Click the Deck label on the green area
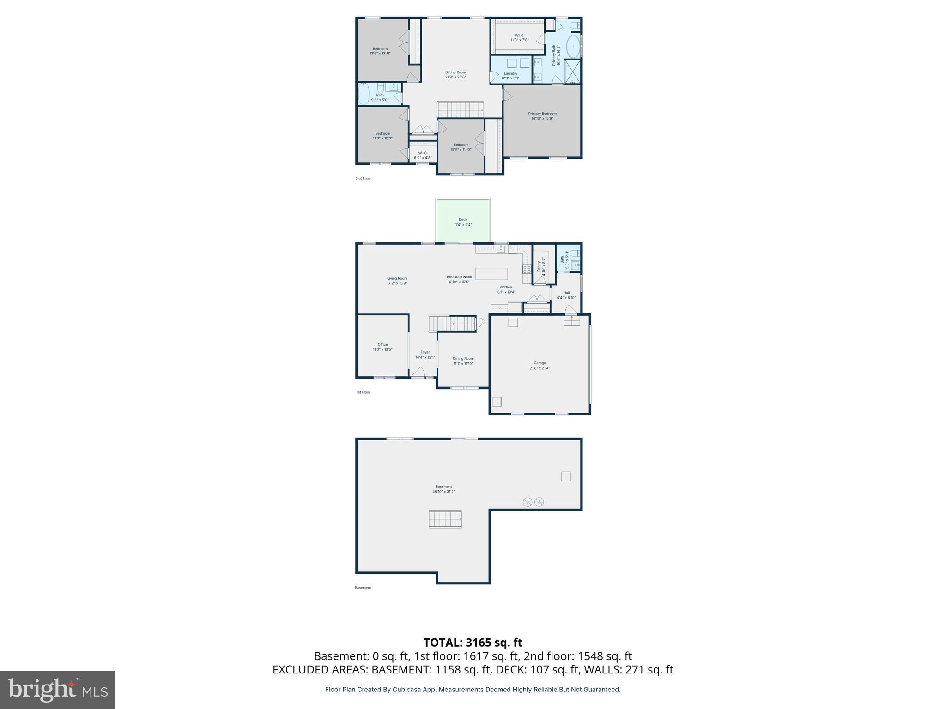463,220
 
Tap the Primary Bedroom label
542,114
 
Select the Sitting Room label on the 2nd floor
455,72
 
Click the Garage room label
540,363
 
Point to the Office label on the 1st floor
382,345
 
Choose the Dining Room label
463,359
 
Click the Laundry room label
510,74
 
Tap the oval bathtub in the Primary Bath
573,47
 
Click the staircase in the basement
445,519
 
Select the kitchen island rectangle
491,274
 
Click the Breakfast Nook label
459,277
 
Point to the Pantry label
539,266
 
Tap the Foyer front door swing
418,372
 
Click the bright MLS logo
58,690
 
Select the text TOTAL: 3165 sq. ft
473,643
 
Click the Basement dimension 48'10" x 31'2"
443,492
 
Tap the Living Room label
397,278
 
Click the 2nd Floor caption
363,179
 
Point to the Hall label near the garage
566,293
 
